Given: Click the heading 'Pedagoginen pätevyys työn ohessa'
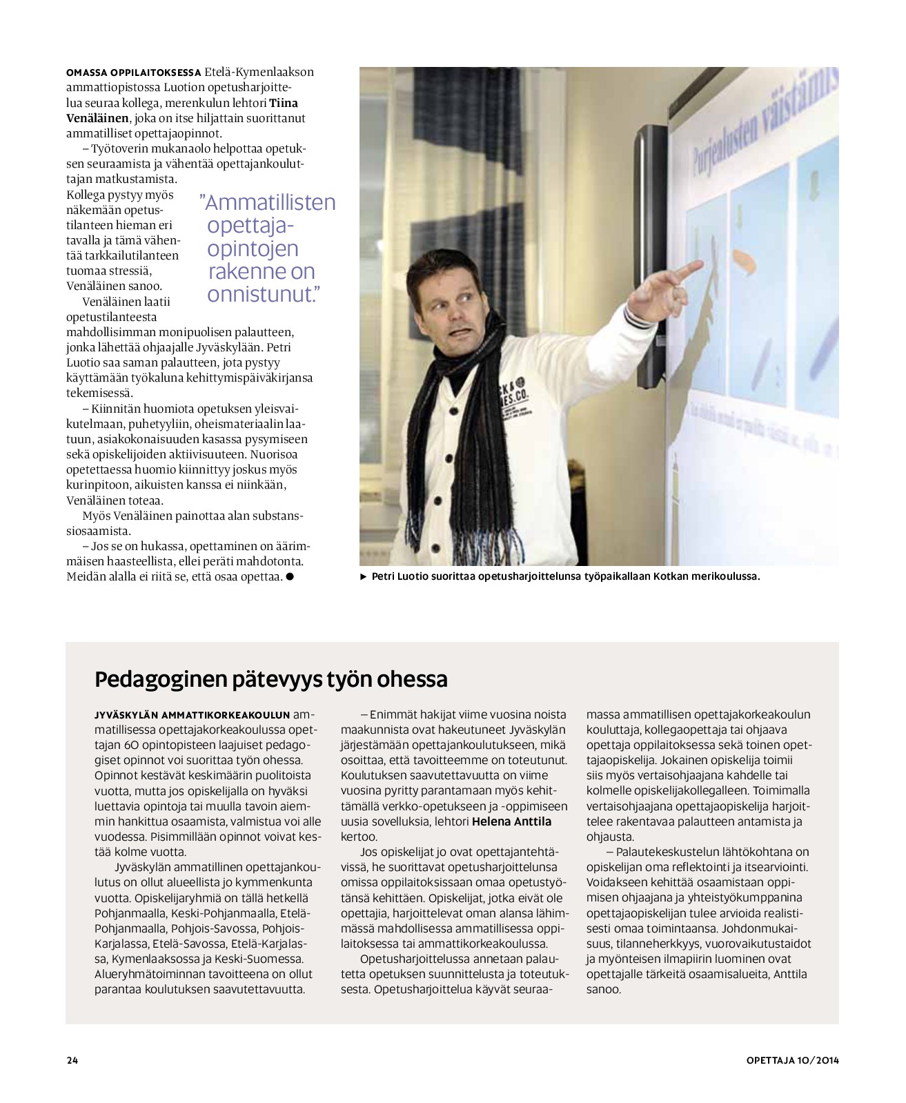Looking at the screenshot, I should point(270,679).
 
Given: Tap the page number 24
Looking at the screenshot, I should point(72,1060).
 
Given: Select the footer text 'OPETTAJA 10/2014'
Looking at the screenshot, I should point(792,1060).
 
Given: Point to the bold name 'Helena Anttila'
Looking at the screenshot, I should point(511,821).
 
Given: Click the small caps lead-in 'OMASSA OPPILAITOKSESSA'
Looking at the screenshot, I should point(133,72).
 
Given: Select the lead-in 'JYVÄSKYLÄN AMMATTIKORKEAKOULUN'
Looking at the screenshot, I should point(193,714).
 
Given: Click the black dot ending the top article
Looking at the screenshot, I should point(290,576).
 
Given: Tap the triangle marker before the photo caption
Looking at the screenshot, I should point(364,576).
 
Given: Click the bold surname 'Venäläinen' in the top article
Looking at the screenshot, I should point(97,118).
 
